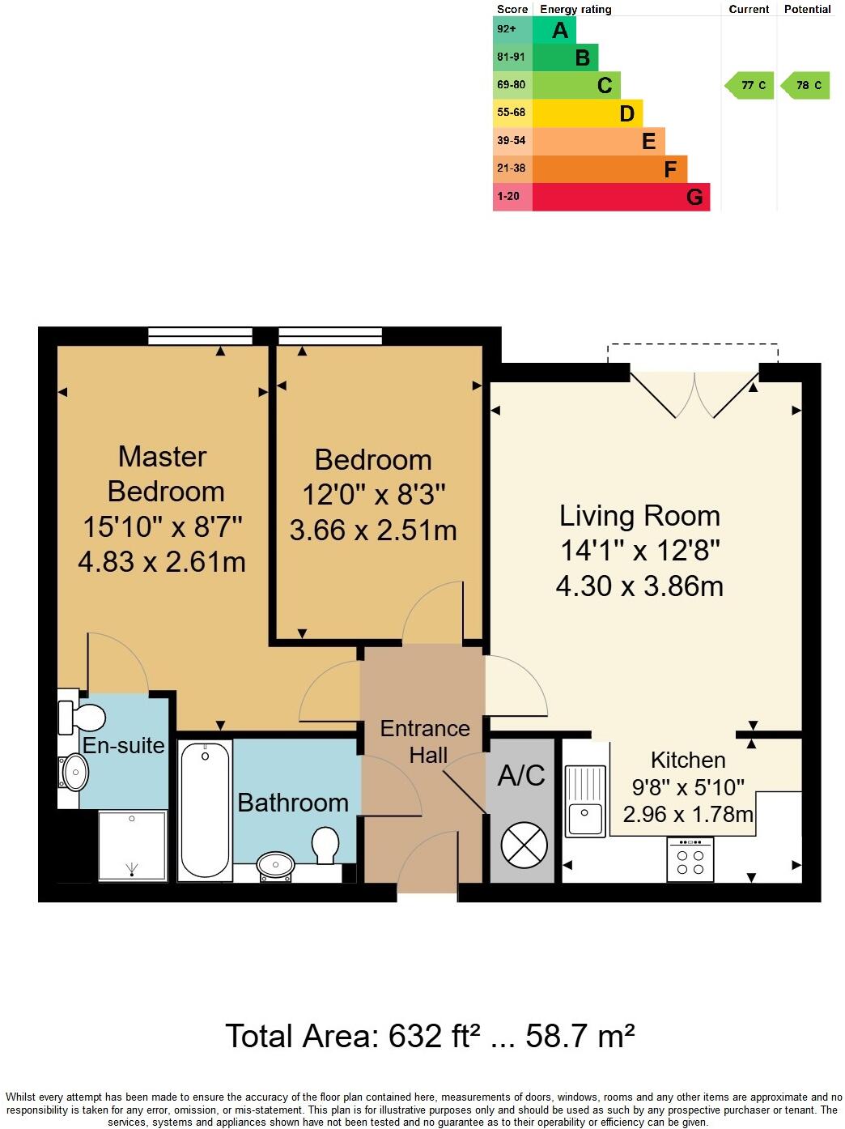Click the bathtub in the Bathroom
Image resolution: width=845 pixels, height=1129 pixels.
click(x=204, y=810)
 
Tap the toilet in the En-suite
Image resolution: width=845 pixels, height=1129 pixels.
click(x=83, y=718)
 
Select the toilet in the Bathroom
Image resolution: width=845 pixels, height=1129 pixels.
click(x=325, y=844)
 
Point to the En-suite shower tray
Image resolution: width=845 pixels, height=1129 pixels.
click(x=132, y=846)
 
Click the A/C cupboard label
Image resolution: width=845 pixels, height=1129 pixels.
click(x=521, y=776)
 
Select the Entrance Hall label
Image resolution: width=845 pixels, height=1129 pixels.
click(x=426, y=741)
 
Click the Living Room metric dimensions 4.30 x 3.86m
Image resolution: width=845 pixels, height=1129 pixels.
click(x=639, y=586)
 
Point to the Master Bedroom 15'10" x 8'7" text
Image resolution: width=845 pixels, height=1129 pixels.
click(x=163, y=526)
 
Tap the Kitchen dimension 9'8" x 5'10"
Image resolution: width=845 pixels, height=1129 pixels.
click(x=688, y=786)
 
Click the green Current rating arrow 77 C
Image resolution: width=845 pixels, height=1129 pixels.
click(x=750, y=85)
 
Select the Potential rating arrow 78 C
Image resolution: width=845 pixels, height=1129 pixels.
click(x=805, y=85)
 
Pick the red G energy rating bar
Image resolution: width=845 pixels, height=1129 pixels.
click(x=620, y=197)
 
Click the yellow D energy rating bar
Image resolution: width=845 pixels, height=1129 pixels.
click(x=587, y=113)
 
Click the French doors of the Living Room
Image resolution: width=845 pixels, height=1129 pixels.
click(x=694, y=393)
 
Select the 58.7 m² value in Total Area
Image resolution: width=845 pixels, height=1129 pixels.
click(x=580, y=1036)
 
